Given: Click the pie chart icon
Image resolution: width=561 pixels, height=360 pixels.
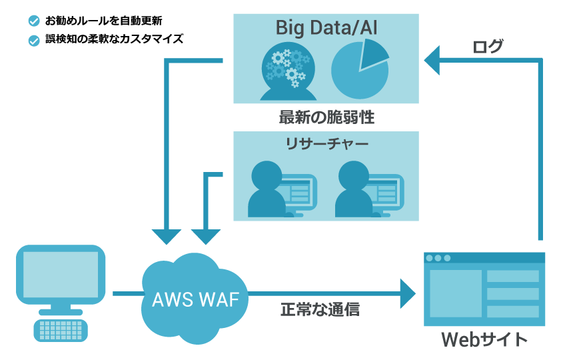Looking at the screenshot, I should [x=360, y=69].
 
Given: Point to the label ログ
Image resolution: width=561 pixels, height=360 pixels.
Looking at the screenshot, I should [x=488, y=47].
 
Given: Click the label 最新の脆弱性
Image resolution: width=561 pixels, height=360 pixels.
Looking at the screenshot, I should [x=326, y=119].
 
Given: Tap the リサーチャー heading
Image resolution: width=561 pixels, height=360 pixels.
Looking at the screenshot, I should [x=326, y=143].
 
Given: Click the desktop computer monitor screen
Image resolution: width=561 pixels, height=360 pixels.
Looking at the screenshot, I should [x=61, y=274].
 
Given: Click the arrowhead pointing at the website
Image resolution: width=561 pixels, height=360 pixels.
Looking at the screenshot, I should [x=407, y=293].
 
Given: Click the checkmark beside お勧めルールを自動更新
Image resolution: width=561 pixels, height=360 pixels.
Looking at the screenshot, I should [x=34, y=21].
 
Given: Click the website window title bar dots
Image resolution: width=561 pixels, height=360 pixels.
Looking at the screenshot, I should [x=438, y=258].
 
